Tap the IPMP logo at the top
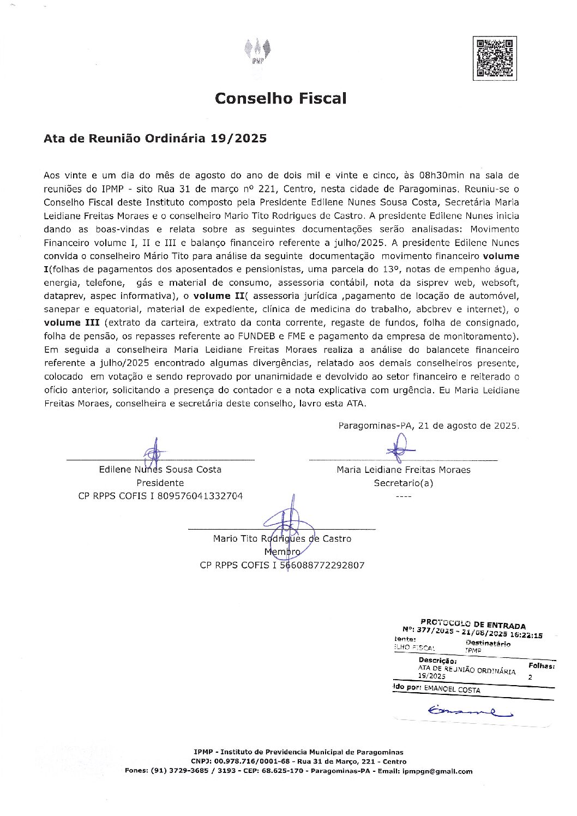coord(258,53)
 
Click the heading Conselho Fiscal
coord(280,98)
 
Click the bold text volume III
coord(71,323)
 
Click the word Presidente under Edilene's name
coord(160,483)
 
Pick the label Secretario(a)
coord(403,483)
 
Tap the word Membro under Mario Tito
coord(282,552)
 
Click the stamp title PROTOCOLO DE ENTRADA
coord(473,623)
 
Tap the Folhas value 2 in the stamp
coord(531,676)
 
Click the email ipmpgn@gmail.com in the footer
coord(436,771)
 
